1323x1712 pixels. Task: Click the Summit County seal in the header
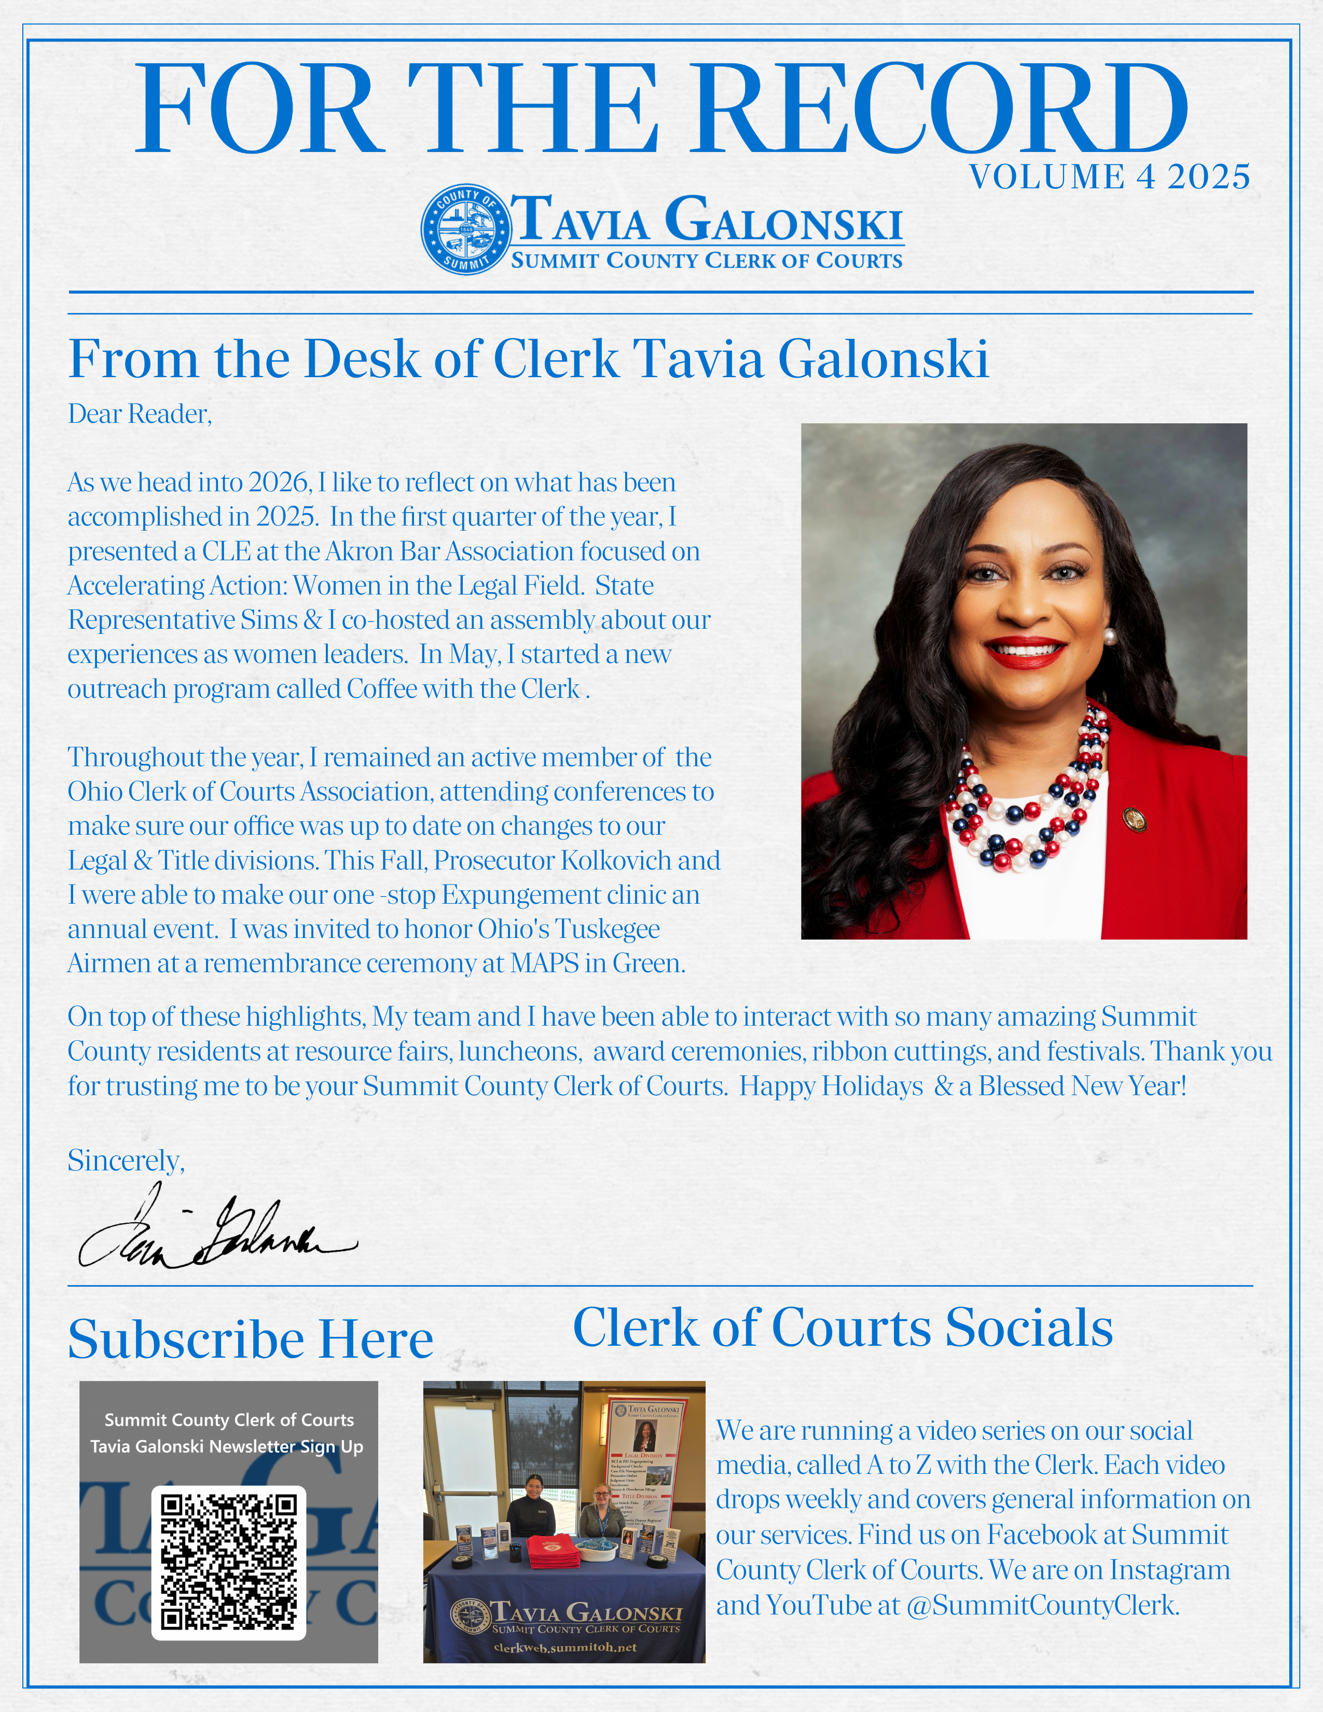click(465, 230)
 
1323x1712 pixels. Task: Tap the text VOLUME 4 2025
click(1109, 177)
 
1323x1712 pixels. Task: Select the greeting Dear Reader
click(140, 414)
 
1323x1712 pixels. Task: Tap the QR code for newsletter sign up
click(228, 1562)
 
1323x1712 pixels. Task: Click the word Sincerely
click(126, 1160)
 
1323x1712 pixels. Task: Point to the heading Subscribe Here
click(250, 1339)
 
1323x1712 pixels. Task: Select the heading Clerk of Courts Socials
click(843, 1328)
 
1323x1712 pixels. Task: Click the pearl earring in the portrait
click(1109, 635)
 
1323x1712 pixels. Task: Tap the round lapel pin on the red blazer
click(1135, 819)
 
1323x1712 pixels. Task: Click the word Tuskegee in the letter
click(608, 929)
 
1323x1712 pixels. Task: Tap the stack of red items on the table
click(554, 1551)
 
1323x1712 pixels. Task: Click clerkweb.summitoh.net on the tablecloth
click(564, 1647)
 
